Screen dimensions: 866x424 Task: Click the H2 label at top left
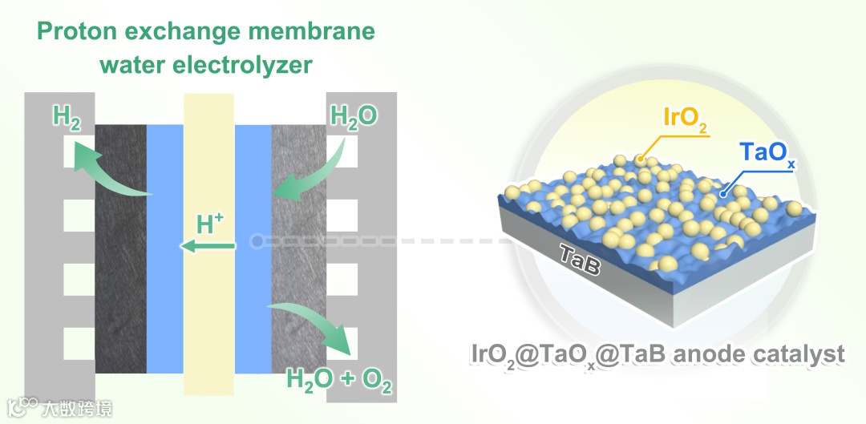67,119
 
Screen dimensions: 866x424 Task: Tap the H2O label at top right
354,119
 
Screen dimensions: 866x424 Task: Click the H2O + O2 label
340,380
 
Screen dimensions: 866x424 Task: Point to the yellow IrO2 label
685,118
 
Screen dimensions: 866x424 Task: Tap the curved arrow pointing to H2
109,172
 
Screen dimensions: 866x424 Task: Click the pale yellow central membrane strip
208,321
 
